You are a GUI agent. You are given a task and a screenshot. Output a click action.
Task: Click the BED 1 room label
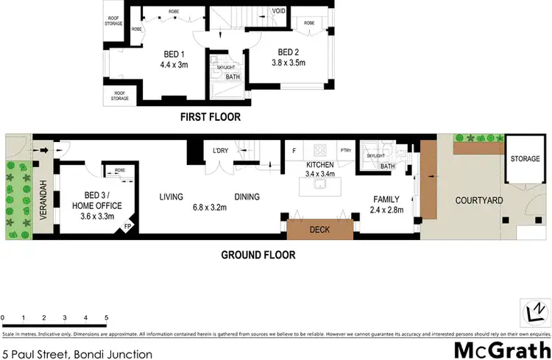pos(176,53)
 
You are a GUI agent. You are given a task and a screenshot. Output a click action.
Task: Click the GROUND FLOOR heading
pos(258,255)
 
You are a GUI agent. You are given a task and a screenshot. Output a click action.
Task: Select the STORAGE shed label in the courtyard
pos(526,158)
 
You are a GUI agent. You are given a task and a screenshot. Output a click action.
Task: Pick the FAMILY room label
pos(386,199)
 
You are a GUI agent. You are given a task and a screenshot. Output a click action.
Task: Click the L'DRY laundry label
pos(222,151)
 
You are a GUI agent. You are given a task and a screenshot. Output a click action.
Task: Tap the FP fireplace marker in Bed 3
pos(129,226)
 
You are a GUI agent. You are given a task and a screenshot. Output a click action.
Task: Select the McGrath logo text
pos(501,348)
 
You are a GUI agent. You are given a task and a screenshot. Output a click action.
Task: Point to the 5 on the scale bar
pos(107,318)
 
